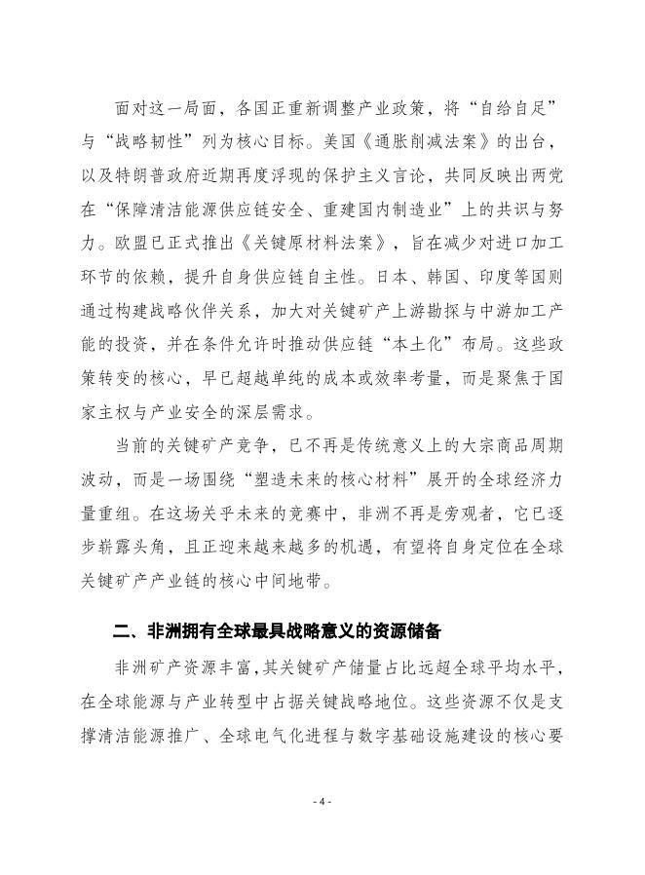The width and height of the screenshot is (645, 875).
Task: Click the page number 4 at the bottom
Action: pyautogui.click(x=322, y=801)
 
